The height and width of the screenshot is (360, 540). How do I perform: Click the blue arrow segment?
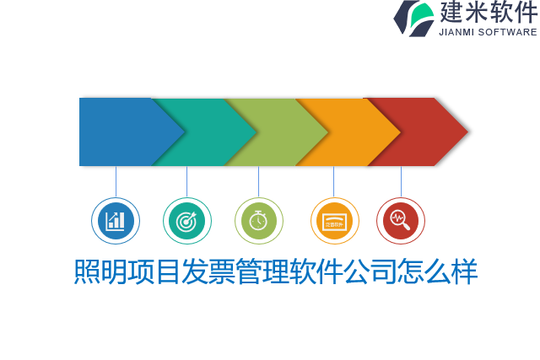118,132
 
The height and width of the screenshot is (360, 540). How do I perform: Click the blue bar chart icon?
116,221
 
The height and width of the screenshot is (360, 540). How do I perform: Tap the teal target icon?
186,221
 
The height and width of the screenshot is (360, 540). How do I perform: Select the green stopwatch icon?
259,221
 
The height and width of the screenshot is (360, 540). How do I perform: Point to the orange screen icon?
334,221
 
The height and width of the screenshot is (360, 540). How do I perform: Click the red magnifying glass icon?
400,221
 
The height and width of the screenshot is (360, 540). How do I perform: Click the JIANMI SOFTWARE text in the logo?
488,32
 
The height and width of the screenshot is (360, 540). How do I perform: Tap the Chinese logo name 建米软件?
488,13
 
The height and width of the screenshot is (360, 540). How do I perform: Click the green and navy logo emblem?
413,18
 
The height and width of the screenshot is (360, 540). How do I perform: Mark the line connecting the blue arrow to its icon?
116,181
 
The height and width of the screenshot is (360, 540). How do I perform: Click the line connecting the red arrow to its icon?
401,181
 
